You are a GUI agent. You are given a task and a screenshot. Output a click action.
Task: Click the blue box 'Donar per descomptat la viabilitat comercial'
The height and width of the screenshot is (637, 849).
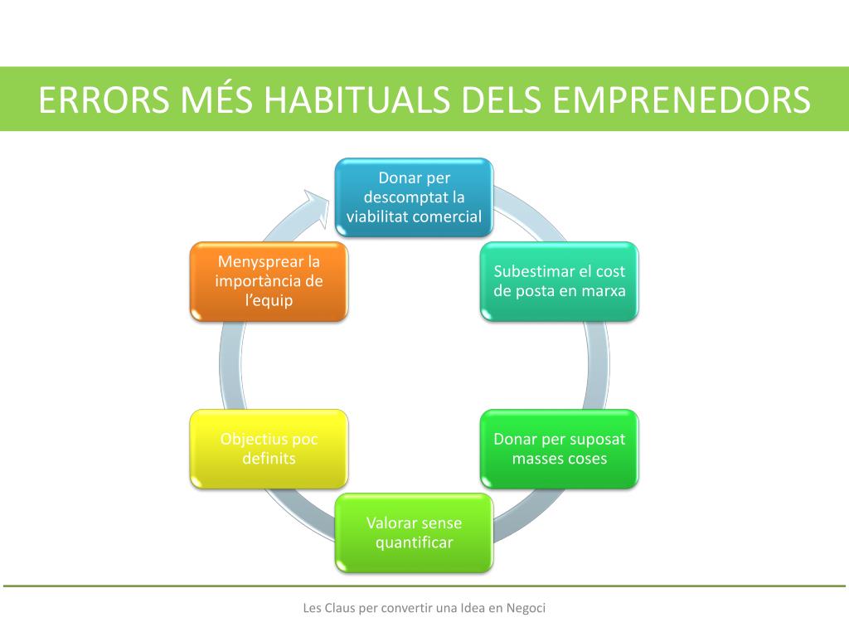414,198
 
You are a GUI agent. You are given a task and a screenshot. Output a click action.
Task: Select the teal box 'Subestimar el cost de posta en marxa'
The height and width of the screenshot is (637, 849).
560,281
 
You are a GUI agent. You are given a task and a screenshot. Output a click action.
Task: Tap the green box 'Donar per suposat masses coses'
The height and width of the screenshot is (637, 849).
560,449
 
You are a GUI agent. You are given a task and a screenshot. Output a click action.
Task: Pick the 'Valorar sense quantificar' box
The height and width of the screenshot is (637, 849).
414,532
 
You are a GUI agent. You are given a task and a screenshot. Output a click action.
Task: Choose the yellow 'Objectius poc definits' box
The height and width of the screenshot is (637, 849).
269,449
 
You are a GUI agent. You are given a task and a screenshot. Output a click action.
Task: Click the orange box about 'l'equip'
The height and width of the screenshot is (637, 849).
269,281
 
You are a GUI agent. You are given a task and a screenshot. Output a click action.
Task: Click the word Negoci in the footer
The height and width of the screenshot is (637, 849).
526,608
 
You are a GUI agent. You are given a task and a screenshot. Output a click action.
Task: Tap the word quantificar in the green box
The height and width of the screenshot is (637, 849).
414,543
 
